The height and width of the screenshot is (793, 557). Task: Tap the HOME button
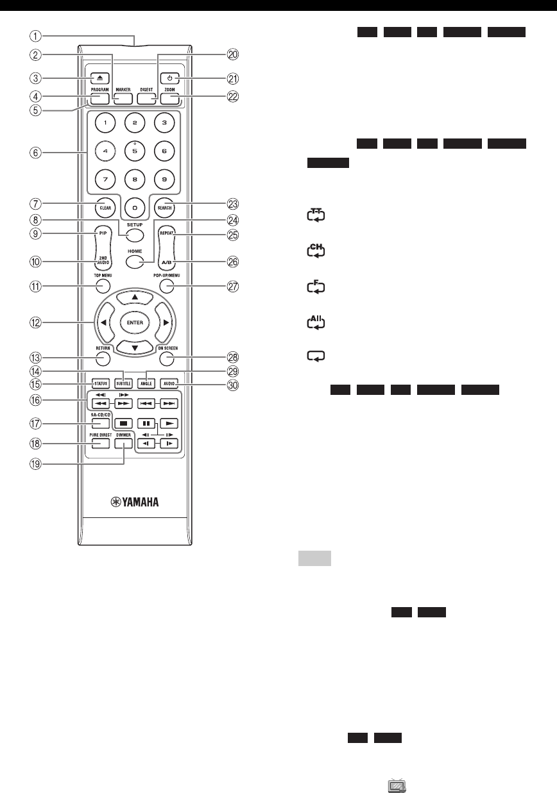coord(135,262)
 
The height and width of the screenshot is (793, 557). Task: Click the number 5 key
coord(134,153)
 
